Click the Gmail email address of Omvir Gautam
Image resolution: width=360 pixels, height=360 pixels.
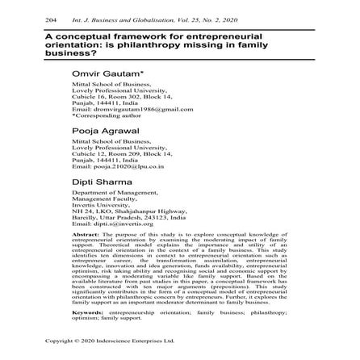coord(119,108)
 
